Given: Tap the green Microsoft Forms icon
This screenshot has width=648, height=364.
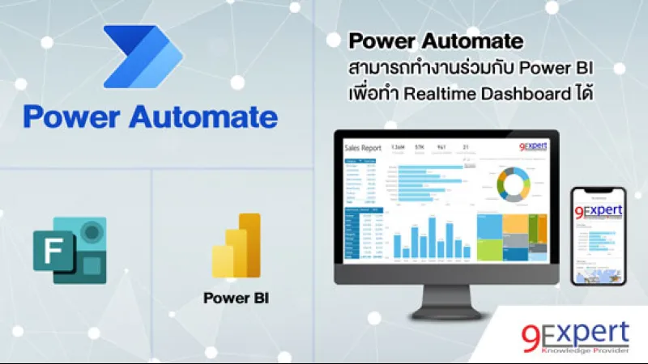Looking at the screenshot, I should point(70,250).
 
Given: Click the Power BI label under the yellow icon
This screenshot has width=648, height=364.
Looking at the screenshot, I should point(236,297).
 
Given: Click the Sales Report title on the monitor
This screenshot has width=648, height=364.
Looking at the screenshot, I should point(362,149).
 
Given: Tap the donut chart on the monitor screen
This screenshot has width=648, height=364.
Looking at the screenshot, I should point(512,184).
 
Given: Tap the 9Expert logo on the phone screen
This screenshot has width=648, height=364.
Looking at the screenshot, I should point(599,212).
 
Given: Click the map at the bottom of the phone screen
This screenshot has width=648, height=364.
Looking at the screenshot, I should point(599,271).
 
